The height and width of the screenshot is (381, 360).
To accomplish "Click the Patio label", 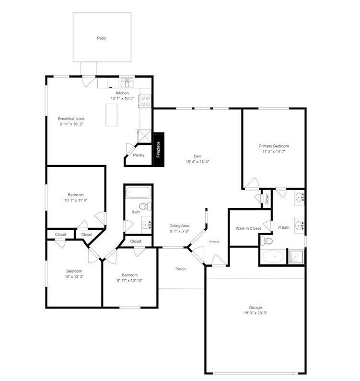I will click(x=102, y=37).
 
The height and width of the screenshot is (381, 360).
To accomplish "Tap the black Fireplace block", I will click(x=158, y=149).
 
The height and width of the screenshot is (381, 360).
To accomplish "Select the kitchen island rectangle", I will click(x=112, y=116).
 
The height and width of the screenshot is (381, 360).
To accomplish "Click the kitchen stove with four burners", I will click(x=145, y=101).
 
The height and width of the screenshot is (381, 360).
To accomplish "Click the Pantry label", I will click(x=139, y=155).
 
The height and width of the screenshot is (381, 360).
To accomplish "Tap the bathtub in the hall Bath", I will click(x=138, y=193).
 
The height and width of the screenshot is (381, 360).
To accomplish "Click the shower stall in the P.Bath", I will click(x=296, y=256).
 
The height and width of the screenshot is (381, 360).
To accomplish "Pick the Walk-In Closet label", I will click(x=248, y=228).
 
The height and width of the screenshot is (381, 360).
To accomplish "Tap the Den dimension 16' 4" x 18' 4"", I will click(x=197, y=162).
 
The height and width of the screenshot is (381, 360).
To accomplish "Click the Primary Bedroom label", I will click(x=274, y=146).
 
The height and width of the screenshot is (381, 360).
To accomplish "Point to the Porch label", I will click(x=180, y=269).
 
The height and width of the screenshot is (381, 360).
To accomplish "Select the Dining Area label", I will click(x=179, y=226).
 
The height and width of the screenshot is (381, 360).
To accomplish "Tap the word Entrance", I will click(x=214, y=241).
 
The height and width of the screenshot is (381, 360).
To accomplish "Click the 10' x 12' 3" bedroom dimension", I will click(x=74, y=277).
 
